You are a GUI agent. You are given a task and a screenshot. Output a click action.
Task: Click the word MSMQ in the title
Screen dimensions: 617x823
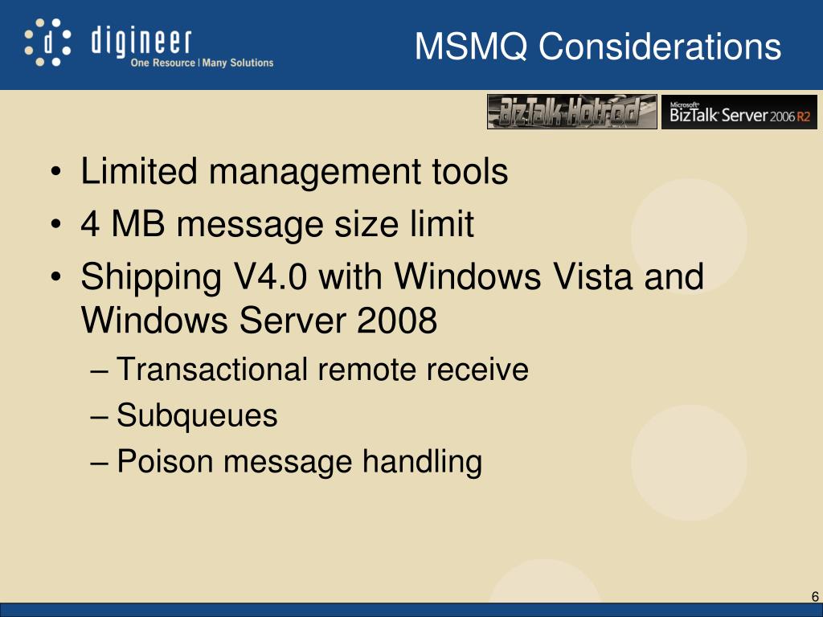[x=472, y=47]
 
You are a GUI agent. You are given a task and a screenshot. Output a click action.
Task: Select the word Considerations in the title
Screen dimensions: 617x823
[x=659, y=47]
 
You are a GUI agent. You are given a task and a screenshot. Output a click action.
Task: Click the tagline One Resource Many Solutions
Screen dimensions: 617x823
[x=202, y=63]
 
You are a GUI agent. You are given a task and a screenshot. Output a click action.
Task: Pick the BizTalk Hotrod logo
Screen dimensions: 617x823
[x=571, y=112]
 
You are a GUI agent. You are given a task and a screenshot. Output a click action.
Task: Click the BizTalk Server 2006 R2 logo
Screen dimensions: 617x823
[x=739, y=112]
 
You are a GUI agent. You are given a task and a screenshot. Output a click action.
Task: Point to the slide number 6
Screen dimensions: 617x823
[x=815, y=596]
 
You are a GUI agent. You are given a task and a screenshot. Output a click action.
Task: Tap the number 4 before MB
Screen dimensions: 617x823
[x=90, y=225]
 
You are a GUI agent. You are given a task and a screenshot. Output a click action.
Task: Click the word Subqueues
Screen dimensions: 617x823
[x=197, y=416]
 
